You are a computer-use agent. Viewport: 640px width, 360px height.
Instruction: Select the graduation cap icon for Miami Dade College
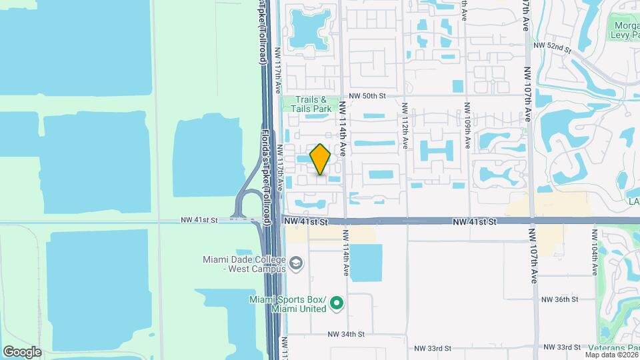(294, 265)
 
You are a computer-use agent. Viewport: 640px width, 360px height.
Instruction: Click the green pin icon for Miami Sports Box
(337, 305)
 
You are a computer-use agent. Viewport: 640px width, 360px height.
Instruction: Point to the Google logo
(21, 351)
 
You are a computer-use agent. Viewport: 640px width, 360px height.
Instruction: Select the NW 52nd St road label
(553, 47)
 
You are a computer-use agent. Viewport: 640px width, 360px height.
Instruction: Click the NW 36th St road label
(559, 300)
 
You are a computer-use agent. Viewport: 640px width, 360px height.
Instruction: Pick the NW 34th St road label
(346, 334)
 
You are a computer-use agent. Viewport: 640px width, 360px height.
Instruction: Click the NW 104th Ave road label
(593, 253)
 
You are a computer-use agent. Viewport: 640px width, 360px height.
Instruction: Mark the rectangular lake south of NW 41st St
(366, 263)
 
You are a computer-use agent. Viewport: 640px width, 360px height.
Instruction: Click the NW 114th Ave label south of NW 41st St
(346, 254)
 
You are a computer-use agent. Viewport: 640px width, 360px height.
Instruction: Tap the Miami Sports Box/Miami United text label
(289, 303)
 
